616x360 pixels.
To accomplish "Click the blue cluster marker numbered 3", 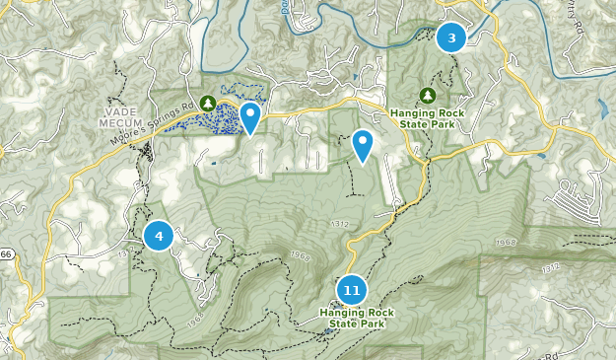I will click(451, 38).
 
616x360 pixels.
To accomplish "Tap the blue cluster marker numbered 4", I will click(159, 236).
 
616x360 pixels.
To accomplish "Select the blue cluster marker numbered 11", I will click(352, 290).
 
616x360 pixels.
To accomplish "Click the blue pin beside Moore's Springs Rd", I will click(251, 116).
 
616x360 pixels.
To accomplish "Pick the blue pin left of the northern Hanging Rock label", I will click(363, 145).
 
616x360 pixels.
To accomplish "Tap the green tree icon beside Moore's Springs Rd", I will click(207, 102).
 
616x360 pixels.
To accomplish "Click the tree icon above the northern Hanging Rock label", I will click(427, 95).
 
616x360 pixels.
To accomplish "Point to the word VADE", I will click(117, 110).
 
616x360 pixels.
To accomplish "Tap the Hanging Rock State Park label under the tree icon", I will click(427, 117).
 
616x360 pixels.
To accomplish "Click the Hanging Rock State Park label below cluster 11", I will click(352, 318).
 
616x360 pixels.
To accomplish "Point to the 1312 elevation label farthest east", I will click(550, 267).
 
